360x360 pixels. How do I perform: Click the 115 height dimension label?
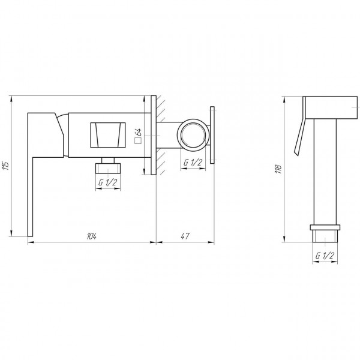click(5, 166)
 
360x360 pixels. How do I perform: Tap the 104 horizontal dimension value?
click(92, 236)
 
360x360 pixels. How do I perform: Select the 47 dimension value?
click(186, 236)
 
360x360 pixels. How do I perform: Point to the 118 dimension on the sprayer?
click(278, 169)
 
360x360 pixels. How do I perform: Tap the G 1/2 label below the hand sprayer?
click(324, 256)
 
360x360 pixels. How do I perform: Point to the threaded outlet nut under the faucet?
click(109, 164)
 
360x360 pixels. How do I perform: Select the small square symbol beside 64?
click(137, 142)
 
